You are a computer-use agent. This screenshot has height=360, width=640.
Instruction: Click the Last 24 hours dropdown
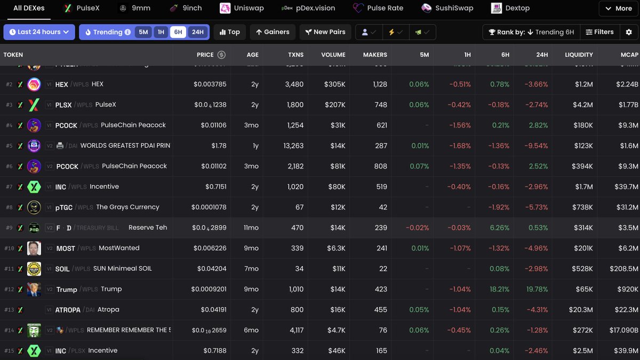[39, 32]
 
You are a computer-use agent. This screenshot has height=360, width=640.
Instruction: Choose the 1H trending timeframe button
[161, 32]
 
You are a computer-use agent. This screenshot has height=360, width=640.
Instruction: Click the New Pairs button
[325, 32]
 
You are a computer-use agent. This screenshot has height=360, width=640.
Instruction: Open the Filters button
[599, 32]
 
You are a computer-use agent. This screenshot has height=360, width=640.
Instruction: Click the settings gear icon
[628, 32]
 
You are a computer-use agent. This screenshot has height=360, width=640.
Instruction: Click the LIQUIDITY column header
[579, 55]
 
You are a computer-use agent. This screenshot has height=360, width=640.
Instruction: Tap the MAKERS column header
[375, 55]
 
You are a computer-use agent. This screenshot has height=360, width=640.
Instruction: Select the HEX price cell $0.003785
[210, 84]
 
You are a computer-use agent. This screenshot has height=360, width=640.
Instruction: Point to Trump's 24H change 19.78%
[537, 289]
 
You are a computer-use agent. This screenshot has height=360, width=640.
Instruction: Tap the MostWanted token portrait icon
[34, 248]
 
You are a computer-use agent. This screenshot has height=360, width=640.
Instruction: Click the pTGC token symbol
[64, 207]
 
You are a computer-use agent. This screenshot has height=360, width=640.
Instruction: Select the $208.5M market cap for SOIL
[623, 269]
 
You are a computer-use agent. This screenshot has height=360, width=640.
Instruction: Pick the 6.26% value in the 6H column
[499, 228]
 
